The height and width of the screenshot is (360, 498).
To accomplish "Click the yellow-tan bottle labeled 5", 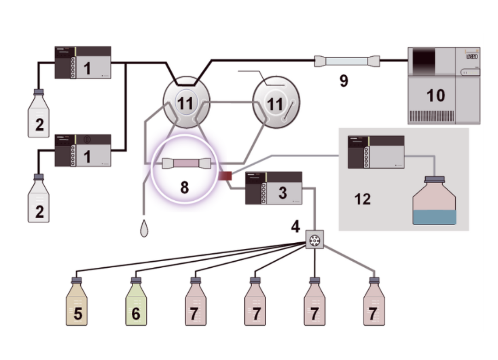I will point(77,305).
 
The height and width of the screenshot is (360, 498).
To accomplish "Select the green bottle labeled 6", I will point(136,305).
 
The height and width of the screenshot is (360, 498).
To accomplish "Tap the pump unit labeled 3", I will point(274,188).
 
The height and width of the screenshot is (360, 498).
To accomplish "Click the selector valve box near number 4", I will point(315,240).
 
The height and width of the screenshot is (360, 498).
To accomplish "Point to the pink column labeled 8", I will point(187,163).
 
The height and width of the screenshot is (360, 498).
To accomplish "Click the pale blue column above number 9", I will point(347,60).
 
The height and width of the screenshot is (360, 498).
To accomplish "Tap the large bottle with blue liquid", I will point(434,203).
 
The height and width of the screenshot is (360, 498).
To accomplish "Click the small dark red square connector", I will point(225,176).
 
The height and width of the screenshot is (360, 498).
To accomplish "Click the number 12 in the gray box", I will point(363,199).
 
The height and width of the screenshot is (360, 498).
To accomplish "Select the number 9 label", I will point(344,81).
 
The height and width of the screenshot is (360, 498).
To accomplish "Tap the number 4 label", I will point(295,227).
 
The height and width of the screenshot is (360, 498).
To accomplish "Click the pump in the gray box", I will point(376,152).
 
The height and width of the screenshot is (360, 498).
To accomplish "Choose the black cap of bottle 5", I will point(77,280).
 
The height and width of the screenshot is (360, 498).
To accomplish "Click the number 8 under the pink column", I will point(184,188).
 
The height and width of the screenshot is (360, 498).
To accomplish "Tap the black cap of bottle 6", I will point(136,280).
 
